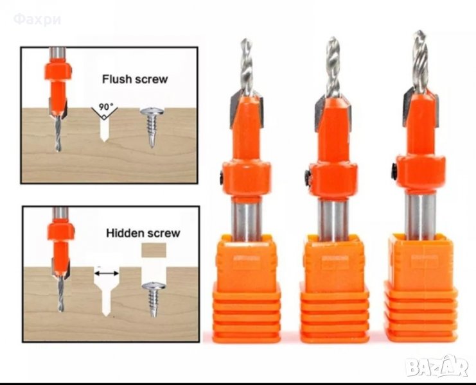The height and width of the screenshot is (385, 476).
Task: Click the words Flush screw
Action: (135, 79)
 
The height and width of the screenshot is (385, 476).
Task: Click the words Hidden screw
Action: (143, 233)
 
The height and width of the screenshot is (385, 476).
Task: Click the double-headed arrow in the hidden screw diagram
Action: (106, 273)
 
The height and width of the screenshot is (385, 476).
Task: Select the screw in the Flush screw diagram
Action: (152, 126)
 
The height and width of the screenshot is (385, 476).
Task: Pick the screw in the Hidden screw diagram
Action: (154, 299)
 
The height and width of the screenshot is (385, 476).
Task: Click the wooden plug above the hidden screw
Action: (154, 250)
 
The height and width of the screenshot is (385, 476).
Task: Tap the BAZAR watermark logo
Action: (437, 367)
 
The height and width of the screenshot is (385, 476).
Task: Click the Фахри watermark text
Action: (37, 19)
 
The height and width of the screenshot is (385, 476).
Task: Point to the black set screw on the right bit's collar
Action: (394, 171)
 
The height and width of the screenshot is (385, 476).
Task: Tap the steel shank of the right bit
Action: (420, 216)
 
